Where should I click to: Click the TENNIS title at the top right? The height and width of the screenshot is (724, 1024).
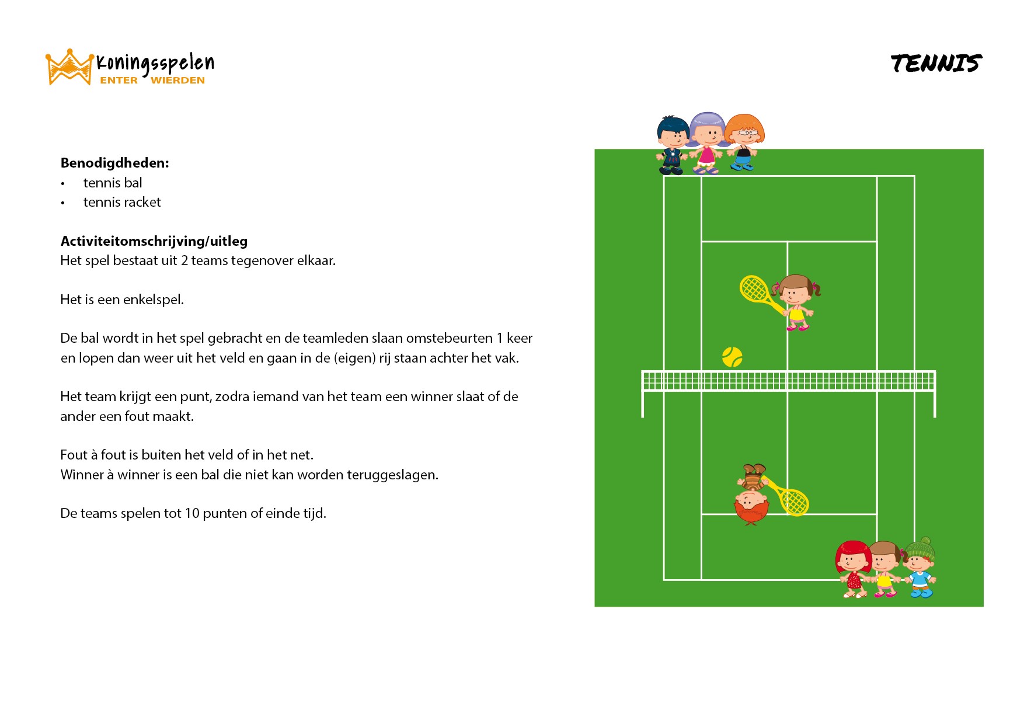pos(936,63)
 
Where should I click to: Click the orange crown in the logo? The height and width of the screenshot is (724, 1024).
pos(69,67)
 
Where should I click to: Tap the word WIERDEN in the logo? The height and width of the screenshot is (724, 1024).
pos(177,81)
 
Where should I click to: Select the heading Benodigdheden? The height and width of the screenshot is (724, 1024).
pos(115,163)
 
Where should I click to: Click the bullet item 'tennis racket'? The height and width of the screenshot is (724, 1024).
pos(122,202)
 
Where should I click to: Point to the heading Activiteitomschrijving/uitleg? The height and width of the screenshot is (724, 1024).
pos(154,241)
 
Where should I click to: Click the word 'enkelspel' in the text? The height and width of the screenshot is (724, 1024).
pos(152,300)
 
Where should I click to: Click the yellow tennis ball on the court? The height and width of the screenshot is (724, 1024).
pos(732,357)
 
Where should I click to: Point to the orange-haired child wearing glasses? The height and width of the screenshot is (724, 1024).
pos(744,142)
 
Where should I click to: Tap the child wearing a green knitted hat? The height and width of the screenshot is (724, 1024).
pos(919,568)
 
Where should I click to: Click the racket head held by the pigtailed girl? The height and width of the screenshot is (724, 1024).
pos(754,289)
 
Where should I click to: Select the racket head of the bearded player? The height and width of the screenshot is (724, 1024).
pos(795,502)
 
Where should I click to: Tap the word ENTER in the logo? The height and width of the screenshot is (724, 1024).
pos(119,81)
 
